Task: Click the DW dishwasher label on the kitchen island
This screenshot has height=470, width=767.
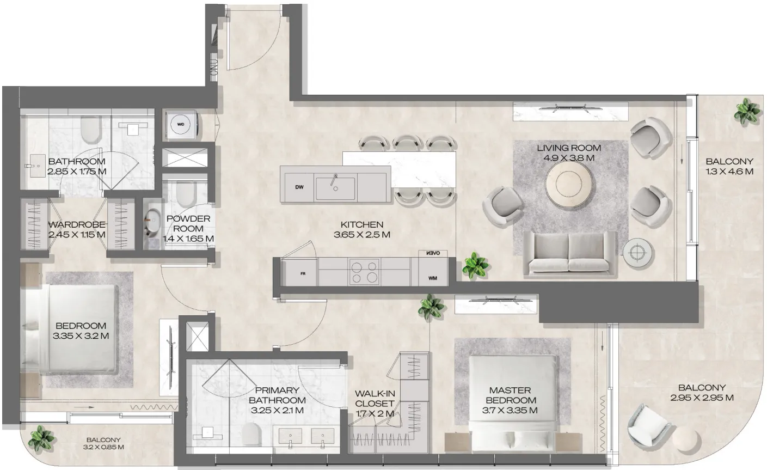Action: pyautogui.click(x=299, y=187)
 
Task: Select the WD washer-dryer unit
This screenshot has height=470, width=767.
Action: pyautogui.click(x=181, y=124)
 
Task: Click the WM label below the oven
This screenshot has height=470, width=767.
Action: pyautogui.click(x=433, y=278)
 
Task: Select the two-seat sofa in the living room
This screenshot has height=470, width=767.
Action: pyautogui.click(x=569, y=252)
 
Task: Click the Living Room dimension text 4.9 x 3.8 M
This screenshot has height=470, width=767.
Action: pyautogui.click(x=569, y=158)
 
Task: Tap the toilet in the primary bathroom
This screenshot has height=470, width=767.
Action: pyautogui.click(x=251, y=435)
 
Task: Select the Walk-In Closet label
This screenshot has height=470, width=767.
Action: pyautogui.click(x=374, y=398)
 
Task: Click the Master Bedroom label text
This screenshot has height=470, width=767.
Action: pyautogui.click(x=510, y=395)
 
